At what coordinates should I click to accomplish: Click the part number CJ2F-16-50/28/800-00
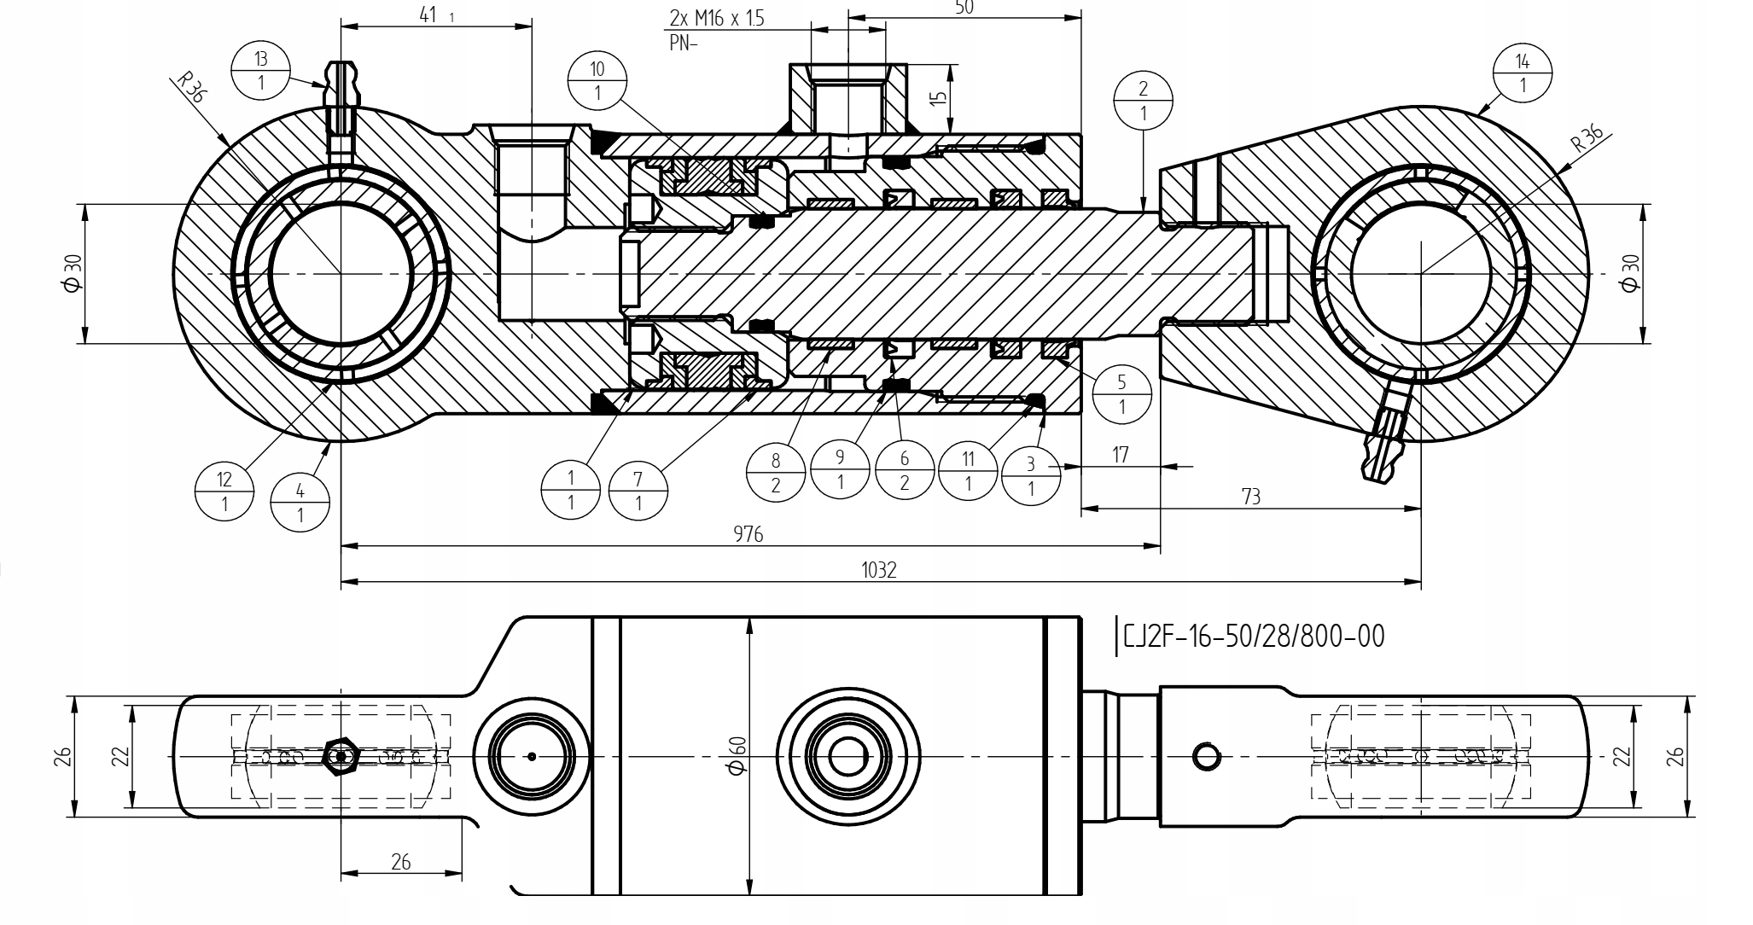[x=1253, y=637]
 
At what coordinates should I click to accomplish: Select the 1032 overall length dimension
[x=879, y=570]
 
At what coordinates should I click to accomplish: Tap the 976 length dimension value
[x=748, y=534]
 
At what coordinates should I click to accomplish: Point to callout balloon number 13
[x=261, y=71]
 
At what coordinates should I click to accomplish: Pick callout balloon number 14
[x=1523, y=73]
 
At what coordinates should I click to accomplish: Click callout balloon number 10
[x=597, y=81]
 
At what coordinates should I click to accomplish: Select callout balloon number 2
[x=1143, y=101]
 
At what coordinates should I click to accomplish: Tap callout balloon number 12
[x=224, y=492]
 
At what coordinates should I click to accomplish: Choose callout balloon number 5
[x=1121, y=394]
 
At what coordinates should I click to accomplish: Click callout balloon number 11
[x=968, y=472]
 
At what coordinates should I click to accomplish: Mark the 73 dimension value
[x=1250, y=497]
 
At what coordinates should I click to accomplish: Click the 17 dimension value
[x=1121, y=456]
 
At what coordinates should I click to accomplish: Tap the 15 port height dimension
[x=939, y=97]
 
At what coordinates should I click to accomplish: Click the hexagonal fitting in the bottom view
[x=341, y=756]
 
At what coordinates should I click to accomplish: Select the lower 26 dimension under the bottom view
[x=401, y=862]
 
